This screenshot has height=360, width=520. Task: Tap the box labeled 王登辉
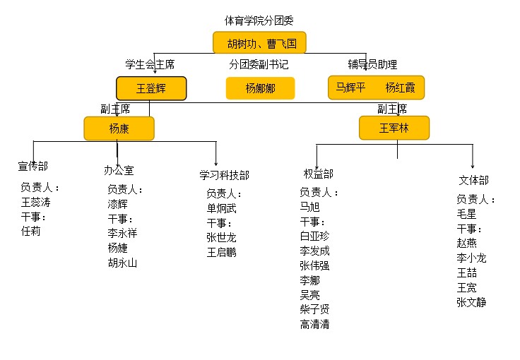coord(151,88)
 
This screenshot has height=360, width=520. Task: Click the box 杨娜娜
coord(260,88)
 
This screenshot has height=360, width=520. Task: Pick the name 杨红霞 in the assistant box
coord(401,88)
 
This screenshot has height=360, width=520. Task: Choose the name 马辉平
coord(350,88)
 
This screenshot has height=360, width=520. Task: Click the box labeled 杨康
coord(119,128)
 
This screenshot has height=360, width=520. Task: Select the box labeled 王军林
coord(394,128)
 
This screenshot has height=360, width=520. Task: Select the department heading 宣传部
coord(32,167)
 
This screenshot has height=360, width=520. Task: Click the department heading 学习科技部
coord(224,175)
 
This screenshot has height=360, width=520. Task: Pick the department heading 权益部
coord(319,174)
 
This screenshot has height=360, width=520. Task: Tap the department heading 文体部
coord(473,181)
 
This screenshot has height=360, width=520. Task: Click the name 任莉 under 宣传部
coord(31,231)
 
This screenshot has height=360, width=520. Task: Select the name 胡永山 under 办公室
coord(122,263)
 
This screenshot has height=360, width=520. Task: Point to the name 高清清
coord(314,325)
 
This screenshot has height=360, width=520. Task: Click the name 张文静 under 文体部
coord(471,303)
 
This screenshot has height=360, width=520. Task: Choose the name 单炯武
coord(222,208)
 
